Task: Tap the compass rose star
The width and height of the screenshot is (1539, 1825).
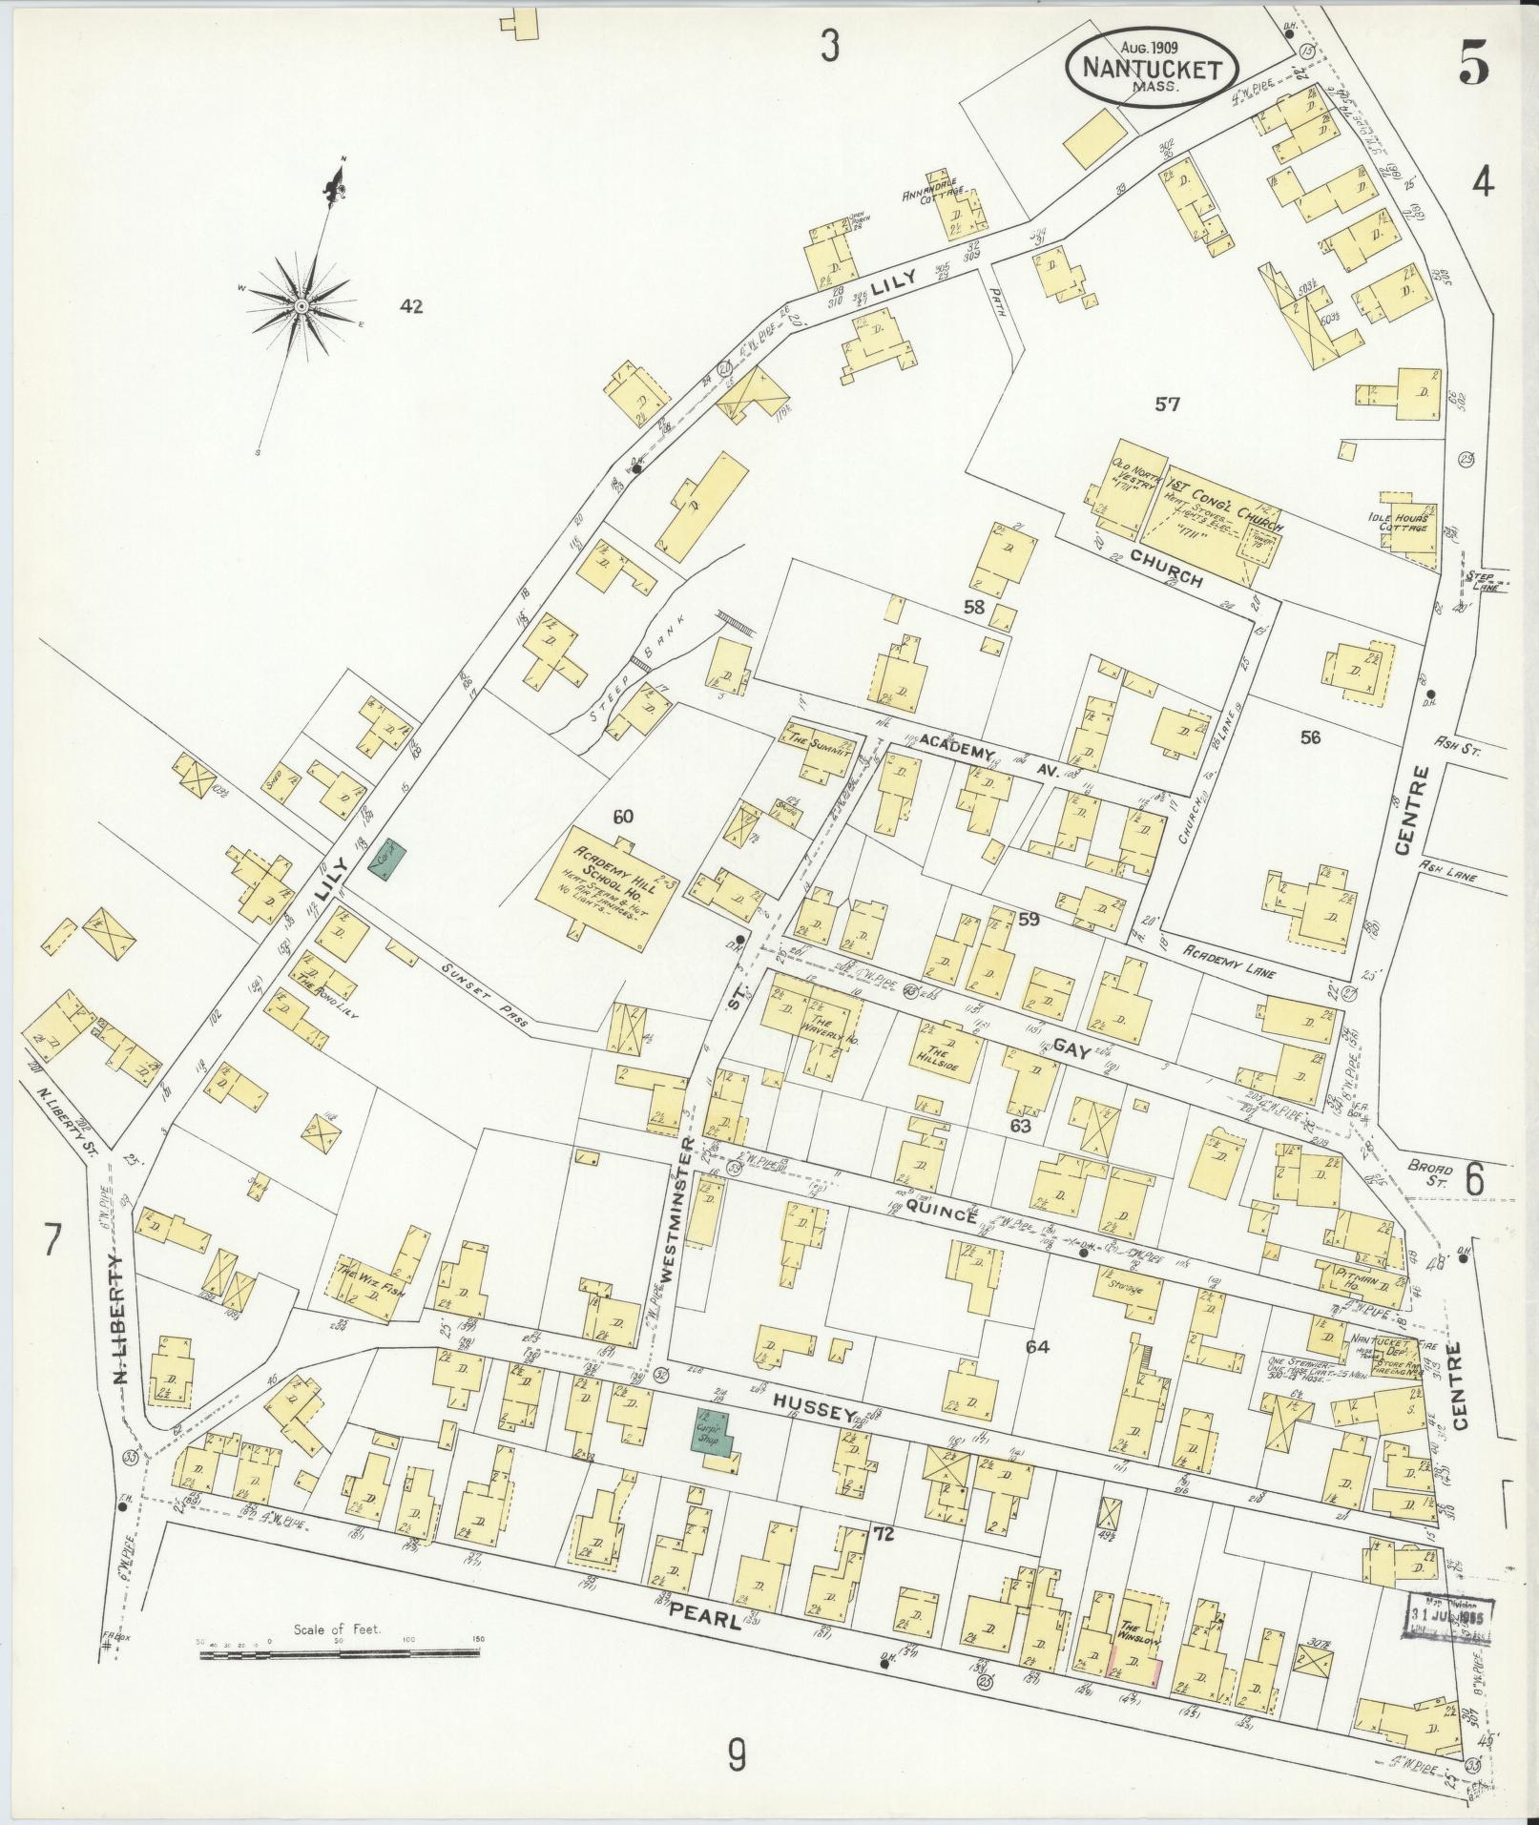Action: coord(302,306)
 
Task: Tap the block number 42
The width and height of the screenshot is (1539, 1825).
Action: coord(411,306)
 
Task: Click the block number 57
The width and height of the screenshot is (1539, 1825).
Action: coord(1167,404)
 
